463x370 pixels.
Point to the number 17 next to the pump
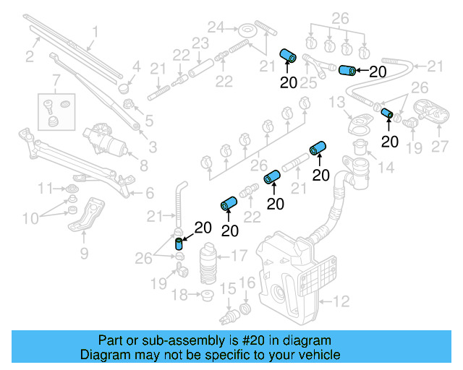click(238, 256)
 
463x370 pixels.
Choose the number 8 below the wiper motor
click(144, 165)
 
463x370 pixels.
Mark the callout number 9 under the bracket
click(84, 253)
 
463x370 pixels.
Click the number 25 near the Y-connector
click(309, 84)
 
